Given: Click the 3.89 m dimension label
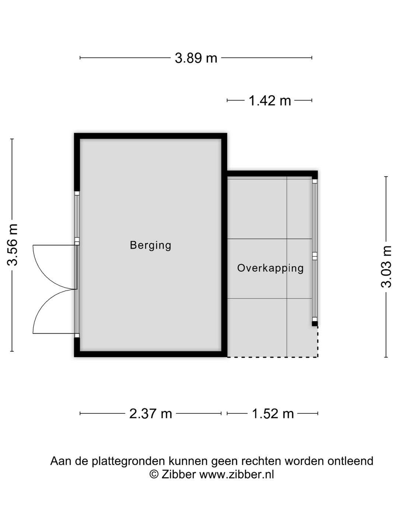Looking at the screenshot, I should pyautogui.click(x=196, y=58).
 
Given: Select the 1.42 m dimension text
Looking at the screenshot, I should pyautogui.click(x=270, y=100).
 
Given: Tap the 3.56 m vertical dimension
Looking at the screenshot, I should pyautogui.click(x=13, y=245).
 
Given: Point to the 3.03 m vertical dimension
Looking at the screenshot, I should pyautogui.click(x=386, y=267).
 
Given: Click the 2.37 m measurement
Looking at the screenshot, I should pyautogui.click(x=151, y=414).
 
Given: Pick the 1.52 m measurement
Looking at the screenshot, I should pyautogui.click(x=273, y=414).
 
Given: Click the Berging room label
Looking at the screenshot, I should pyautogui.click(x=150, y=245).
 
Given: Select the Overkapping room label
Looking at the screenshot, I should pyautogui.click(x=270, y=268).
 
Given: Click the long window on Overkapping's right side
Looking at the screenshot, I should pyautogui.click(x=314, y=251).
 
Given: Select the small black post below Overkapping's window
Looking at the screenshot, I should pyautogui.click(x=314, y=324).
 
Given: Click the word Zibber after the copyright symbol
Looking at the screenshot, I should pyautogui.click(x=178, y=474).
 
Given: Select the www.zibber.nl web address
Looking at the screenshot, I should pyautogui.click(x=236, y=474).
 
